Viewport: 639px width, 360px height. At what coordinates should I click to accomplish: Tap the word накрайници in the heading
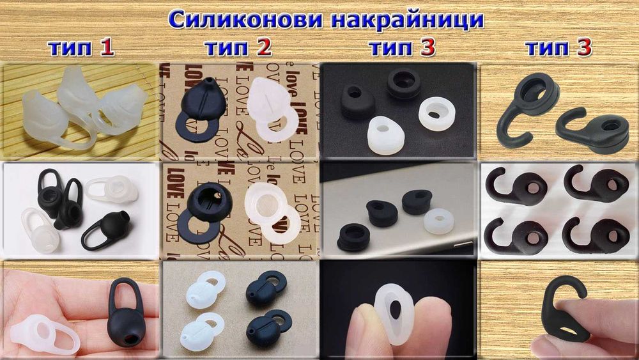[410, 20]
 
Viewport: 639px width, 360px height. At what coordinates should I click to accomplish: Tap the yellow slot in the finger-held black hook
[566, 327]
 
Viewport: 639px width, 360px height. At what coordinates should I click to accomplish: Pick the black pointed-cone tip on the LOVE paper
[203, 102]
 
